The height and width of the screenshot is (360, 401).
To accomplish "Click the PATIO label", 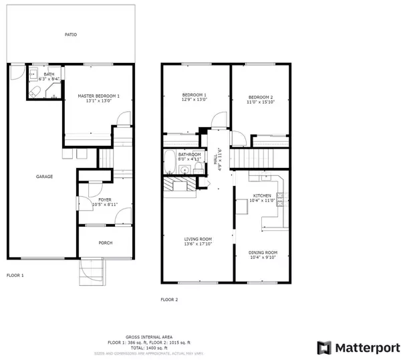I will tap(70, 34).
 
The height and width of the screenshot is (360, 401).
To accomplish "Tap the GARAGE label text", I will tap(45, 177).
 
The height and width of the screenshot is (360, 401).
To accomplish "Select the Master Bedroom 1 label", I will tap(98, 96).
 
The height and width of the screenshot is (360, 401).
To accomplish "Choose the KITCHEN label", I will tap(261, 196).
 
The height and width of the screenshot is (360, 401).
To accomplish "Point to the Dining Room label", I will tap(263, 252).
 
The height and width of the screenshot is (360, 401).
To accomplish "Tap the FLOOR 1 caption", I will tap(15, 276).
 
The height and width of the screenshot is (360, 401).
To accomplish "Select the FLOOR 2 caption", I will tap(169, 300).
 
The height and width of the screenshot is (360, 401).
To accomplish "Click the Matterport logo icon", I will tap(324, 347).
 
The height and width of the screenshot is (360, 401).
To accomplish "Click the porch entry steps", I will tap(93, 270).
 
